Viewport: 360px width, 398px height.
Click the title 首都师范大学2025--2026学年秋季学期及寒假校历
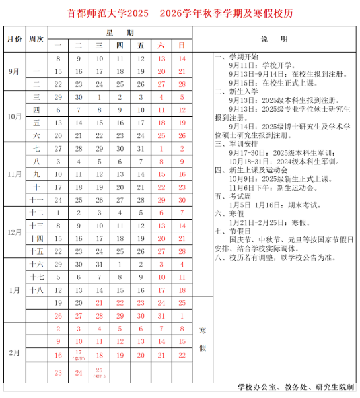click(180, 13)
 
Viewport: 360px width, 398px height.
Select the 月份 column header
click(15, 39)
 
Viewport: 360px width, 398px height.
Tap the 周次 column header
click(36, 39)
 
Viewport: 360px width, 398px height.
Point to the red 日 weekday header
click(182, 46)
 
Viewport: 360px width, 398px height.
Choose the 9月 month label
click(15, 71)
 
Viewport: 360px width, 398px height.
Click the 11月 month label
click(15, 173)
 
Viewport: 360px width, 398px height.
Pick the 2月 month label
click(15, 352)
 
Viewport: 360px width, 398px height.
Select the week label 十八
click(36, 289)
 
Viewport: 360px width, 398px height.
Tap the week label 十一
click(36, 200)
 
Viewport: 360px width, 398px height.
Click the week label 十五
click(36, 251)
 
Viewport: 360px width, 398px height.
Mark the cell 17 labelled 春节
click(79, 354)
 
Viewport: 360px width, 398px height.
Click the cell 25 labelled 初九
click(100, 372)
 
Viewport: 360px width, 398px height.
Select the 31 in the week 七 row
click(141, 148)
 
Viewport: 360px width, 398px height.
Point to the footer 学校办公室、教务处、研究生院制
click(295, 388)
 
